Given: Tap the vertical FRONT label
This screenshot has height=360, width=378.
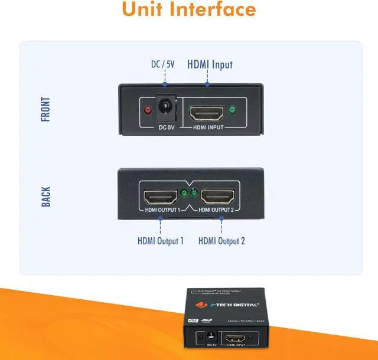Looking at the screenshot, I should (45, 109).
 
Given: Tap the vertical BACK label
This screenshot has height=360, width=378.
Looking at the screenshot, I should (45, 197).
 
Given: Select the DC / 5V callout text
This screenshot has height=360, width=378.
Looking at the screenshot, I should (162, 65).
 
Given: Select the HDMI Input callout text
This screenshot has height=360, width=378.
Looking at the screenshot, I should (210, 65).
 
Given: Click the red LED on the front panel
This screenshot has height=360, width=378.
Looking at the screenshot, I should (148, 110).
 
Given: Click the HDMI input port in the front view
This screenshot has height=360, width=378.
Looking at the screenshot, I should (207, 110).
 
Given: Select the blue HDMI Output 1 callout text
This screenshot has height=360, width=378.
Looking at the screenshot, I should (160, 241).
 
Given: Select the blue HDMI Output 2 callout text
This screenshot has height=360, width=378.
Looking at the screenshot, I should (221, 241).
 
